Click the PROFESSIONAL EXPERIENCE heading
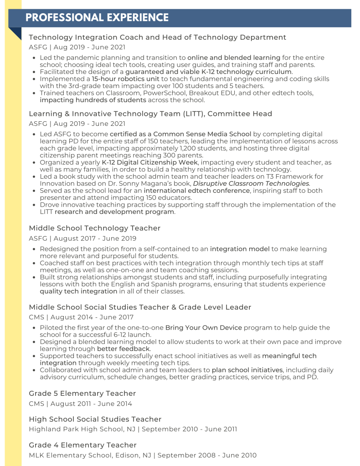(97, 18)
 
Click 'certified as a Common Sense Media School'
(180, 134)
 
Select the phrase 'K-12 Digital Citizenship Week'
(149, 162)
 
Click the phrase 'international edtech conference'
(196, 191)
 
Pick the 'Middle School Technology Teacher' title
(95, 228)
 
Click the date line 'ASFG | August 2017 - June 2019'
(82, 238)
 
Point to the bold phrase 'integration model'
(240, 249)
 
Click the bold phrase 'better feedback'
(123, 349)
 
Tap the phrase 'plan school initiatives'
(247, 370)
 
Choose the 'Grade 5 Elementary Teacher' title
(82, 394)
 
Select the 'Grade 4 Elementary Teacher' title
(82, 445)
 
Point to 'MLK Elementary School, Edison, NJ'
(90, 455)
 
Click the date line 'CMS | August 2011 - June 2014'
(81, 404)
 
